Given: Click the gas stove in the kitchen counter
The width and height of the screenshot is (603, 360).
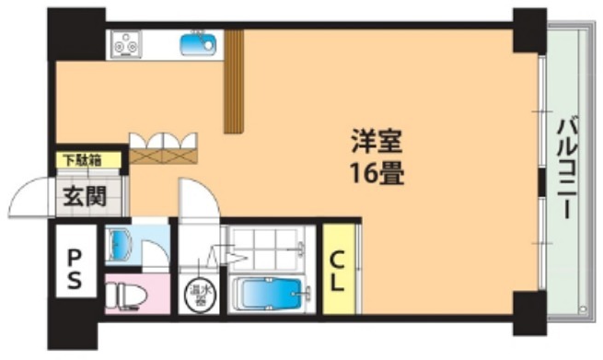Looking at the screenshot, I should [x=126, y=42].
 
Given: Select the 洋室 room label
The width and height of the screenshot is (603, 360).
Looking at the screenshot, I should [x=375, y=144].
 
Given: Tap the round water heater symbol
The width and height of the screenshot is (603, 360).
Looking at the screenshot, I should [x=198, y=295].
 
